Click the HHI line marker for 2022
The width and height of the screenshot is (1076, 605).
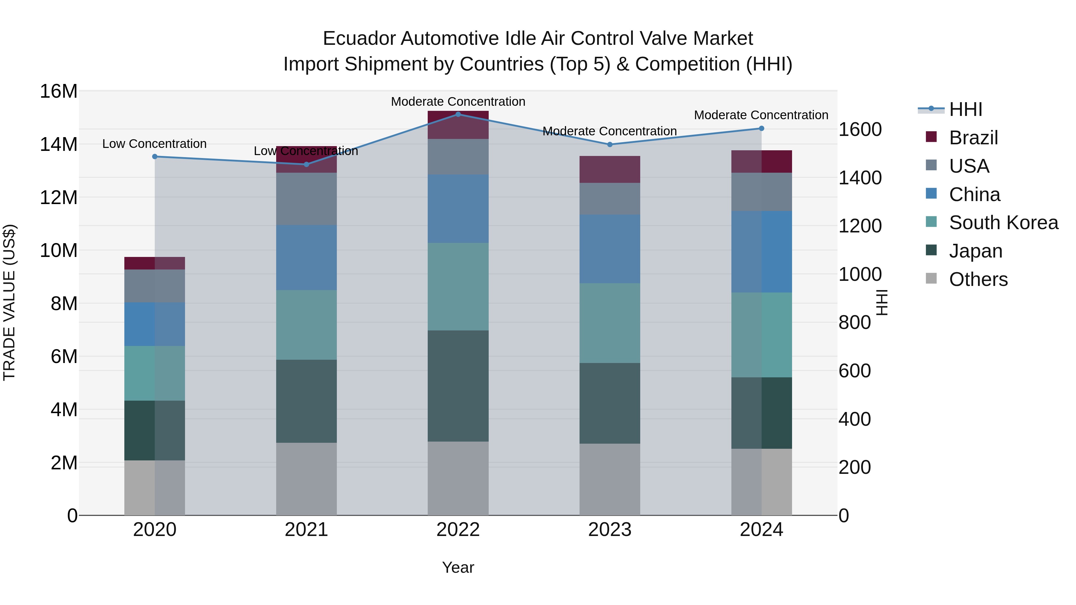[458, 114]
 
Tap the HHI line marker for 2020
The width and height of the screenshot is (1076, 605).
[155, 157]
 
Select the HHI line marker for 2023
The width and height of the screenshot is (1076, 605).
[609, 145]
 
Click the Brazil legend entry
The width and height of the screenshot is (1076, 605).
[973, 138]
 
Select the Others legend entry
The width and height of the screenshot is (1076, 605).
[978, 279]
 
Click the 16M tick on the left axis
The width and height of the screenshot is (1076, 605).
[59, 91]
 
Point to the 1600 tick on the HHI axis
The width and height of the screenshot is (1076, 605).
[860, 129]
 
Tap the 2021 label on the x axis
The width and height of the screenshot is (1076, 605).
[306, 530]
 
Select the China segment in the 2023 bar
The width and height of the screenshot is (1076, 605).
[609, 249]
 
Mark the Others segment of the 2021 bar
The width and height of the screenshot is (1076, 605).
[306, 479]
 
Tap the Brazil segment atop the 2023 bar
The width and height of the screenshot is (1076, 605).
[609, 169]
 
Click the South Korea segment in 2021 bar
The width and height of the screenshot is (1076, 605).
[306, 325]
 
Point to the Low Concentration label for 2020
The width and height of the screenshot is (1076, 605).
[154, 144]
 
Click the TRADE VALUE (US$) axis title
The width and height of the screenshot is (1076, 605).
[9, 302]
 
